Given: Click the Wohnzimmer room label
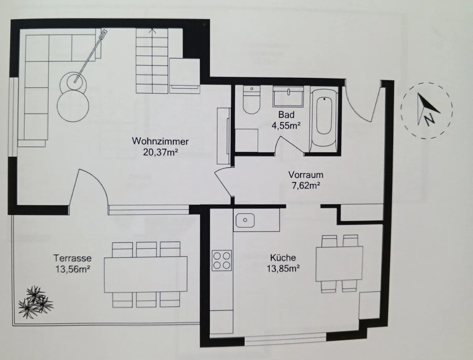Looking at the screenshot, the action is tap(160, 142).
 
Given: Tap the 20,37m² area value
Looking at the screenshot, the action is tap(160, 153).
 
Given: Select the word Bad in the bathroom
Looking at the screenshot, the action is tap(286, 115).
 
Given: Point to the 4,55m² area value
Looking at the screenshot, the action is tap(286, 125).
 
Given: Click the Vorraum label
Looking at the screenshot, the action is tap(306, 175).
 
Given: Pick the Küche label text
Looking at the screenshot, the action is tap(283, 257).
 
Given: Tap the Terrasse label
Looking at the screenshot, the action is tap(73, 258).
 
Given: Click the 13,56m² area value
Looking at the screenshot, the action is tap(73, 269).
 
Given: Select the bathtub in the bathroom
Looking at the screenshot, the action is tap(324, 119).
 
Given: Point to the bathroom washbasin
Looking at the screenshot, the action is tap(288, 96).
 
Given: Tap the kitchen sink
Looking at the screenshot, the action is tap(245, 220).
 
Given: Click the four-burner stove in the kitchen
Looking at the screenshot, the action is tap(222, 260).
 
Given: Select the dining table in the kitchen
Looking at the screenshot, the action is tap(339, 264).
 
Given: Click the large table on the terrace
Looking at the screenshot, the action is tap(146, 274).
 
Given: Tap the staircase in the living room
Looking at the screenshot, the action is tap(152, 61).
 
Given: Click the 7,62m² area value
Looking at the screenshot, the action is tap(306, 186).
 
